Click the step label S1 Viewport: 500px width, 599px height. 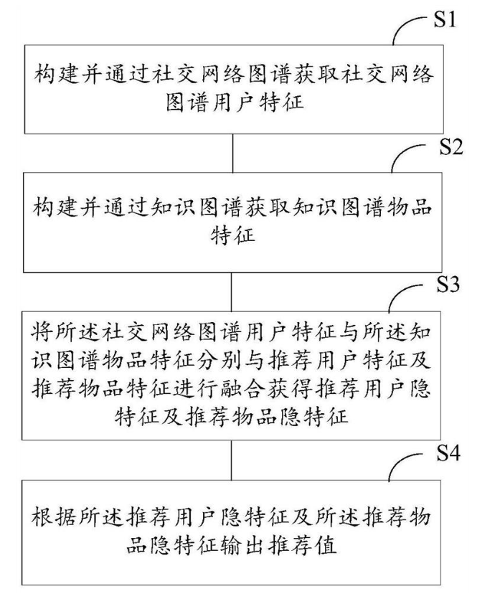[448, 21]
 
